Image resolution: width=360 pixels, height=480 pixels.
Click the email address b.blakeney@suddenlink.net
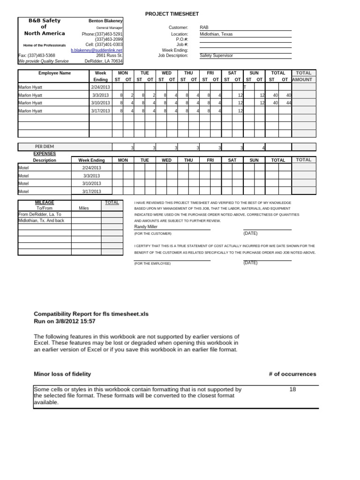[x=97, y=50]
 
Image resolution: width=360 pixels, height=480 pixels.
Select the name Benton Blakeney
[x=105, y=21]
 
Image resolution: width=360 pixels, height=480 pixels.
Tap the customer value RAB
[x=204, y=28]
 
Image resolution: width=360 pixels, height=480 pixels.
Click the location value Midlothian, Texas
[x=216, y=34]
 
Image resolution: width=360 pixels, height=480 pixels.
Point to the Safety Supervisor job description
[x=216, y=55]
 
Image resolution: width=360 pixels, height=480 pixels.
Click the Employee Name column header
[x=54, y=73]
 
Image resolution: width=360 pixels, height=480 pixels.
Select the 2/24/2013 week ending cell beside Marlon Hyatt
[x=100, y=87]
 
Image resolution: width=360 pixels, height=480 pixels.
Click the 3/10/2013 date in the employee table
[x=101, y=103]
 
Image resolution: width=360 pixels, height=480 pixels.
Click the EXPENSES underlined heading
[x=45, y=153]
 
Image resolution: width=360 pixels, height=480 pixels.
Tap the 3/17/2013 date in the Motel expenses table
[x=91, y=191]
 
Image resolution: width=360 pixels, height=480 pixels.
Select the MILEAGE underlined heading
[x=45, y=202]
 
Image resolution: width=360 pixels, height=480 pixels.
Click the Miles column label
[x=84, y=208]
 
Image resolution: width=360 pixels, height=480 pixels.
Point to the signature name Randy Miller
[x=146, y=226]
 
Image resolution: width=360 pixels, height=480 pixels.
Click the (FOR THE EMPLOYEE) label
[x=152, y=263]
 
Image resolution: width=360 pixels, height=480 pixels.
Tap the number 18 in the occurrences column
[x=292, y=389]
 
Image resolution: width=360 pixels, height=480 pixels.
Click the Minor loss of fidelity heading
[x=62, y=374]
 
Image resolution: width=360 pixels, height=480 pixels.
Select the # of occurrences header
[x=292, y=374]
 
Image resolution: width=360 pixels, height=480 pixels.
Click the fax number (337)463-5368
[x=37, y=55]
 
